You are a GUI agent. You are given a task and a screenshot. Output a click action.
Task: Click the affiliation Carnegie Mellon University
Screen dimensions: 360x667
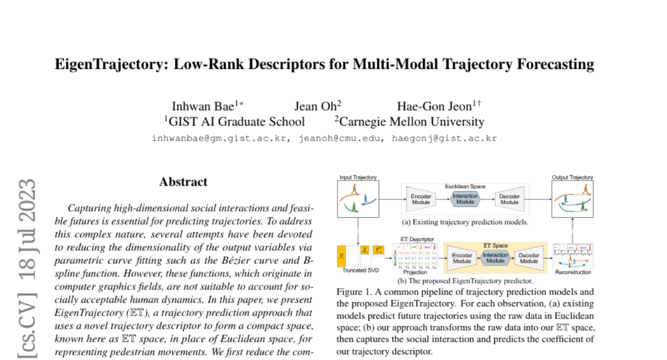coord(411,122)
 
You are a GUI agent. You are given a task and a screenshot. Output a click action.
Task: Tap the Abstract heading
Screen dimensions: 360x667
coord(183,182)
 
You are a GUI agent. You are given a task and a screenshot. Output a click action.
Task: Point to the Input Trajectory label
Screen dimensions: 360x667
coord(358,178)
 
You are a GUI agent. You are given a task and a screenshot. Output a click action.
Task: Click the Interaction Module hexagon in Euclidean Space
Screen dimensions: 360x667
coord(465,199)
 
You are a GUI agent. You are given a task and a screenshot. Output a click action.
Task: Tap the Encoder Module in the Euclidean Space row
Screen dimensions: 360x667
coord(421,199)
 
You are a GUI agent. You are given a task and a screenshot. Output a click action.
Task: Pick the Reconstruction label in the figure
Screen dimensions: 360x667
coord(573,273)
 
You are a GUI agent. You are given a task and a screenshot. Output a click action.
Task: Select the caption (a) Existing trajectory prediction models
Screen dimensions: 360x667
coord(465,222)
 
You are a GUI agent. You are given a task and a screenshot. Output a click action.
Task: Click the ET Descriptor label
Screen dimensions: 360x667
coord(415,238)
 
